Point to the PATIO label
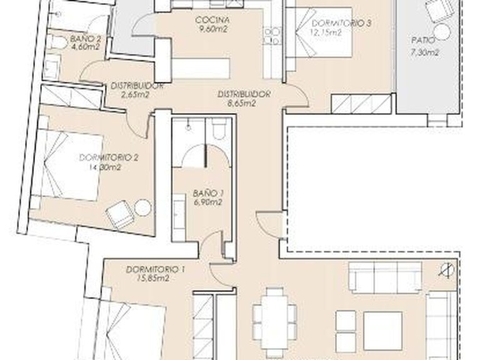click(x=421, y=42)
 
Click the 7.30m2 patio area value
click(x=425, y=52)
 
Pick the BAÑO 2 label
click(x=82, y=37)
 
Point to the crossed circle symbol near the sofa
click(x=445, y=271)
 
